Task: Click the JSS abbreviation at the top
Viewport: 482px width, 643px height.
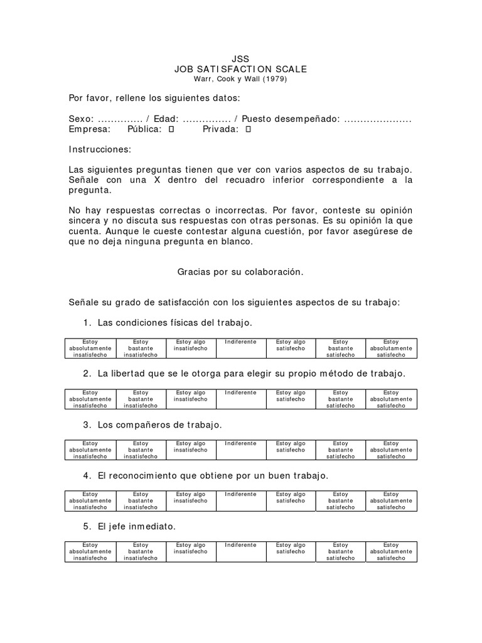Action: (240, 59)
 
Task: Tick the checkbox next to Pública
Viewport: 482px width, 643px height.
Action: (172, 129)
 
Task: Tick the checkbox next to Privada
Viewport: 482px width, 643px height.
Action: (248, 129)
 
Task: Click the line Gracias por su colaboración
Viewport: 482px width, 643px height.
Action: (240, 272)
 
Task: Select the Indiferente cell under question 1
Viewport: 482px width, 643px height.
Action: (240, 348)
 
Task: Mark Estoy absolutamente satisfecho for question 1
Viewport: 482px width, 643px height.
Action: (391, 348)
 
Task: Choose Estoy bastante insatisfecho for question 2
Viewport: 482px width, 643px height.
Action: (141, 399)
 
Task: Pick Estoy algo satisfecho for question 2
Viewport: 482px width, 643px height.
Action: (291, 399)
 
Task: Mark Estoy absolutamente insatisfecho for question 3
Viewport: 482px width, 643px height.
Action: (90, 450)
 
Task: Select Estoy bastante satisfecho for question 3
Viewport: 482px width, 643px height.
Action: (341, 450)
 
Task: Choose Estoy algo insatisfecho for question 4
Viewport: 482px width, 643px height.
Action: (191, 500)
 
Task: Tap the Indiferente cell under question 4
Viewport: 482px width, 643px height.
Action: (240, 500)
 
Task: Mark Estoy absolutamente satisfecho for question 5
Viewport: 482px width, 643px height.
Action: (391, 551)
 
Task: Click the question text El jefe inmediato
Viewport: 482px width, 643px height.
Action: (136, 527)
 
